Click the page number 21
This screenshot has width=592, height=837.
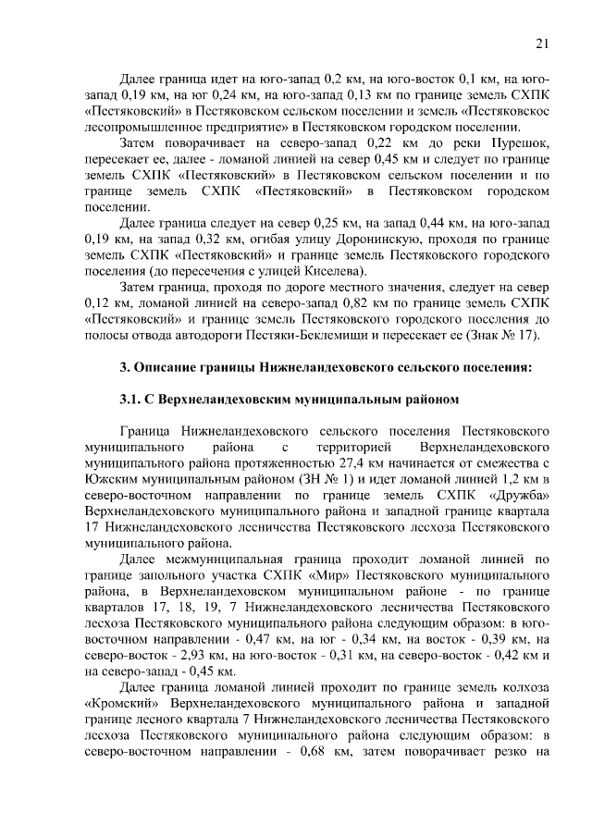542,43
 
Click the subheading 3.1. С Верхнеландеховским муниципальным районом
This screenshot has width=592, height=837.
289,400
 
